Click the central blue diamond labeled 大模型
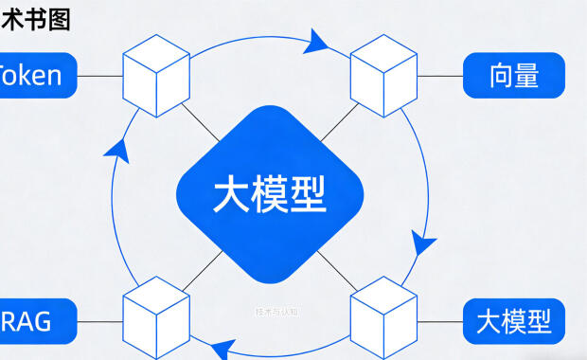(x=270, y=195)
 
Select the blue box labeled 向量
(x=513, y=76)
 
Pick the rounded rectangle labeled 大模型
(x=513, y=322)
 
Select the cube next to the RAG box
(x=156, y=313)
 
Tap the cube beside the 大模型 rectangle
(x=383, y=313)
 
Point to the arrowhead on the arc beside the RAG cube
(x=221, y=348)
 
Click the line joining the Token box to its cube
(x=99, y=75)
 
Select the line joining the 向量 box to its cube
(x=439, y=75)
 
